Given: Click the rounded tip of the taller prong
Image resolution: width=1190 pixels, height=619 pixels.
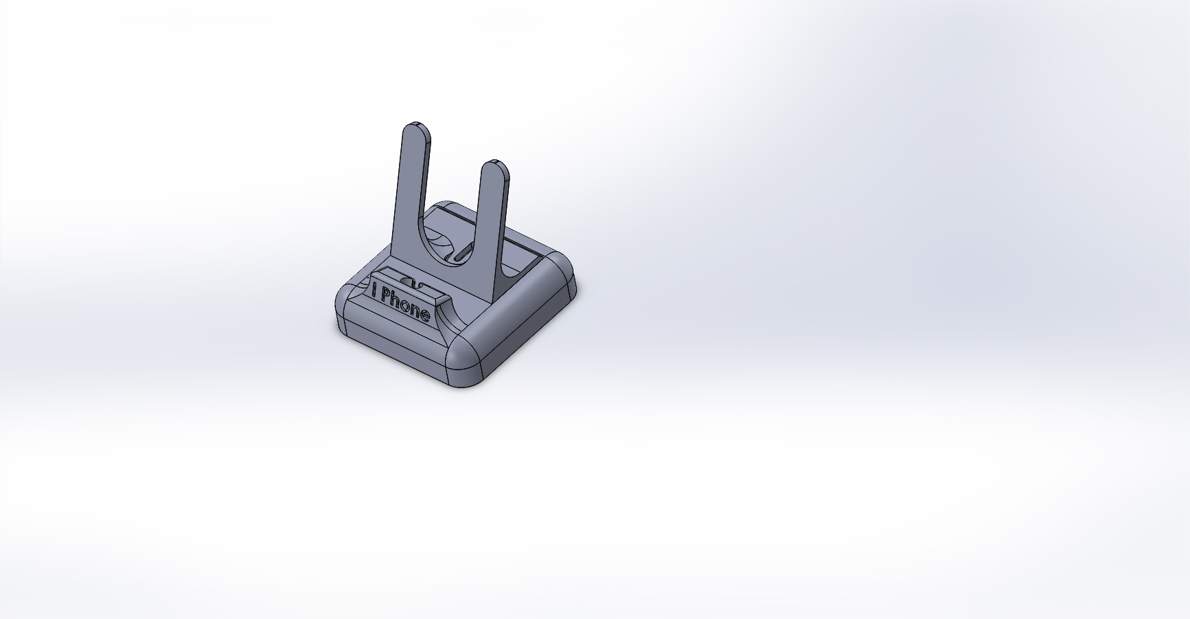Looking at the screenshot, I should coord(416,130).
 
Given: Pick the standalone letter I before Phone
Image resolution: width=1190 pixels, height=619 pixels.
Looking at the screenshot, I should coord(374,291).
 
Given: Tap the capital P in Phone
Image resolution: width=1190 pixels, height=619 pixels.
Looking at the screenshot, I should coord(386,297).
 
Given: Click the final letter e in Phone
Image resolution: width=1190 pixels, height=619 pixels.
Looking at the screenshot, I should coord(424,315).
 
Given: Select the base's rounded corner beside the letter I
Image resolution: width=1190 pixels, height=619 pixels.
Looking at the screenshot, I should coord(345,302).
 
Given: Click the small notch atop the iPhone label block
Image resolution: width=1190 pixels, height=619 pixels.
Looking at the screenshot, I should coord(407,282).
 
